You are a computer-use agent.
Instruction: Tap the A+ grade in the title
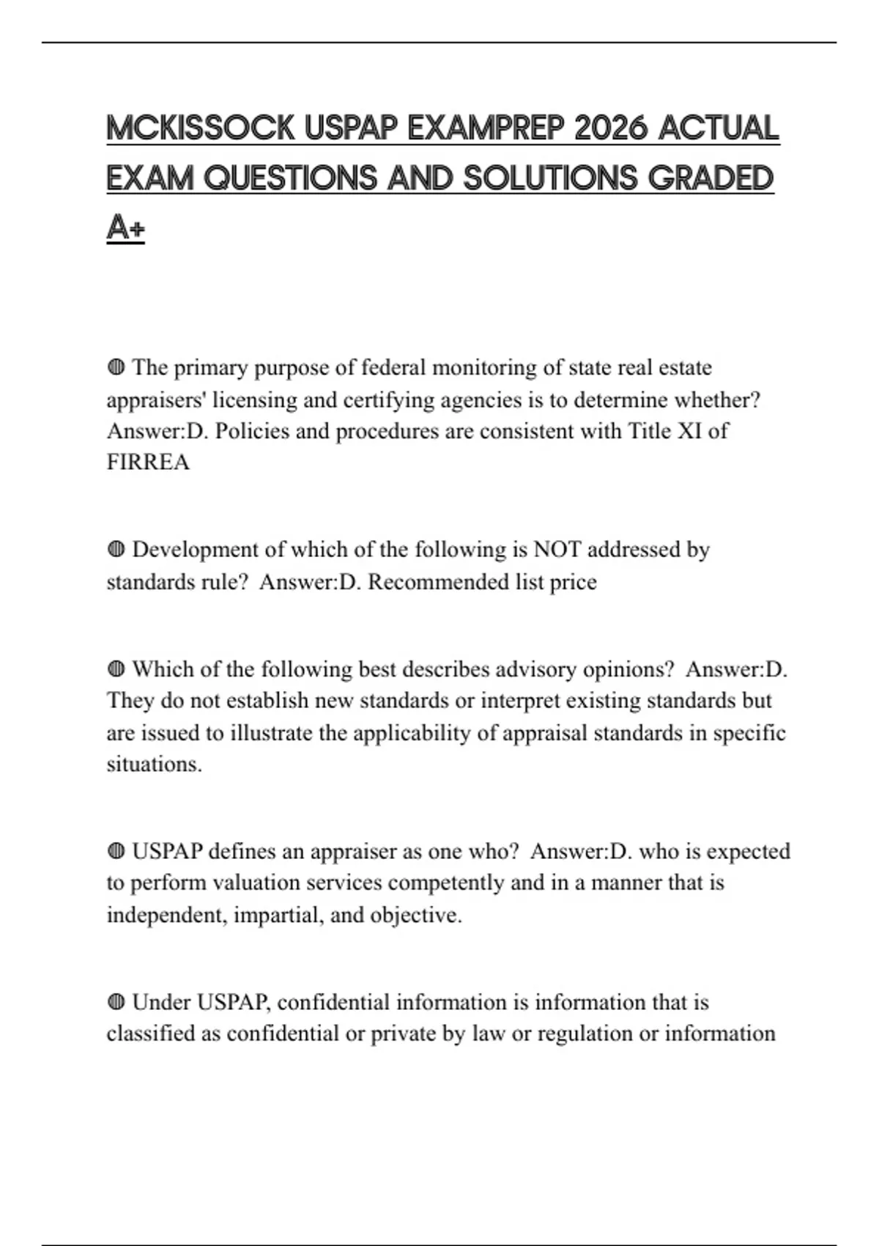coord(125,229)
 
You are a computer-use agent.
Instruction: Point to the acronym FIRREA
coord(148,462)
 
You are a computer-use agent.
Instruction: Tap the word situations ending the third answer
coord(154,764)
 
